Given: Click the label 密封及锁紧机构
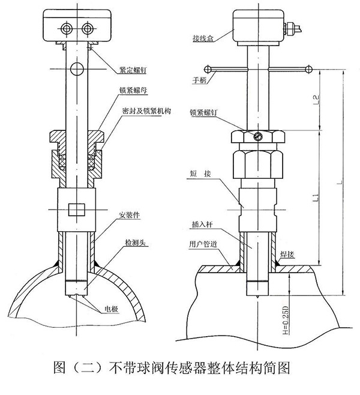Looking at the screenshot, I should click(x=145, y=112).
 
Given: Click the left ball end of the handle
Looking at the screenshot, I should click(x=208, y=68).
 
